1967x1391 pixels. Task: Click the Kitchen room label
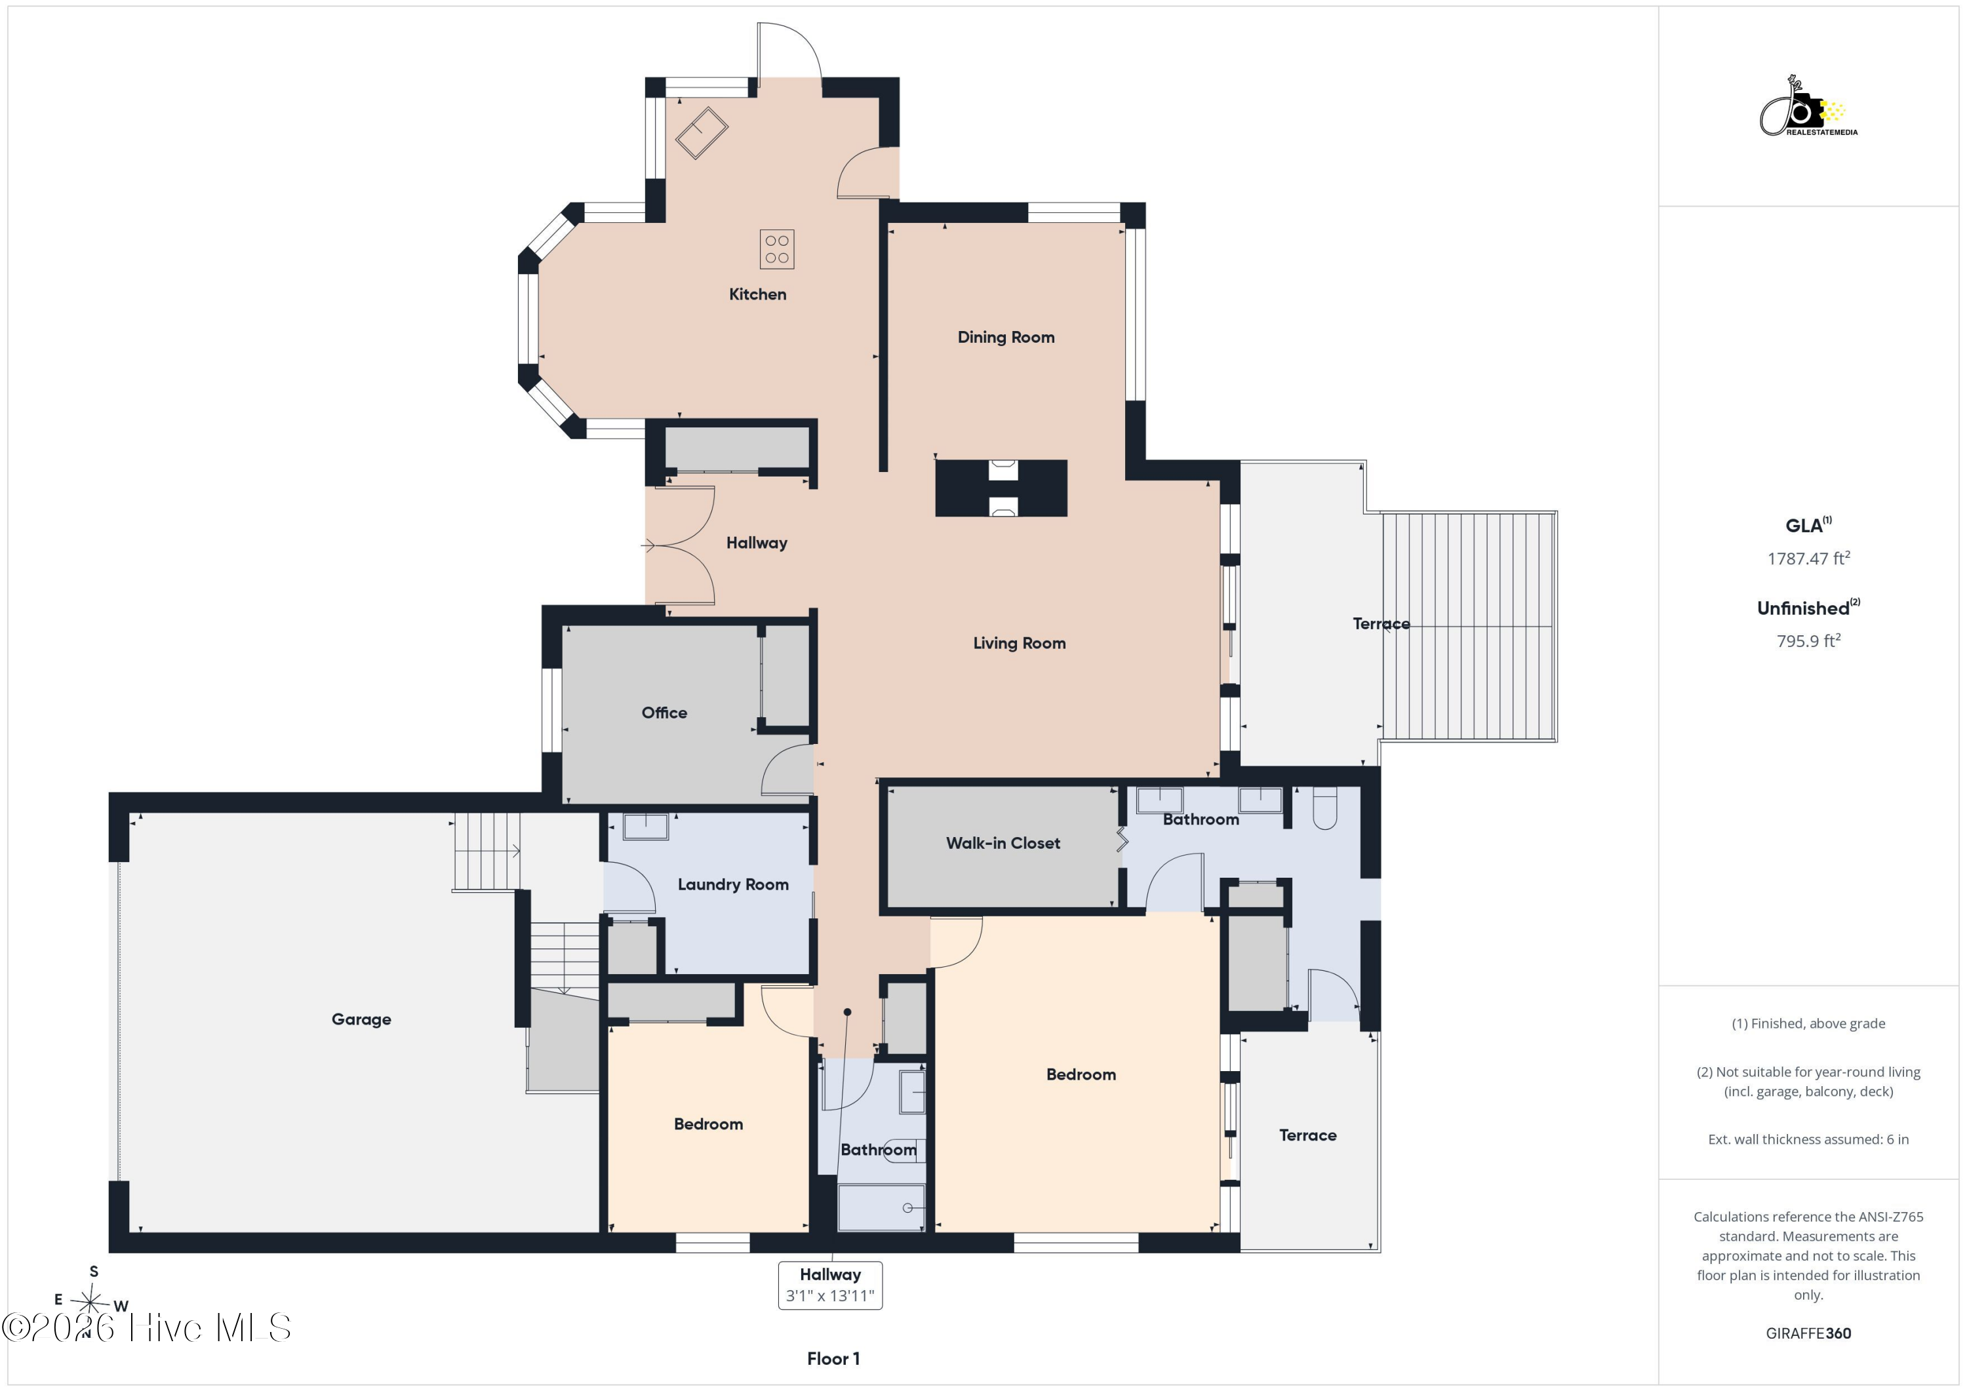757,294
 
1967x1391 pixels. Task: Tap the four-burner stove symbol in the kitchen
777,249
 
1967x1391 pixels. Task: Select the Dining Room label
1006,337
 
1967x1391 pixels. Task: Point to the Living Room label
1020,642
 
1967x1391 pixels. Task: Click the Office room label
664,713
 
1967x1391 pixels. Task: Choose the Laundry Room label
733,885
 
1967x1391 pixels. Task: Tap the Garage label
361,1019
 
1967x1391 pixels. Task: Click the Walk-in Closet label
1003,843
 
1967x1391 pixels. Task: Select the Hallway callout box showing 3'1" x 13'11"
830,1285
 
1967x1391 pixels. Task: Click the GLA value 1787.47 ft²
1808,558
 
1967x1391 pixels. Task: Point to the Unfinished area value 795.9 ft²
1808,640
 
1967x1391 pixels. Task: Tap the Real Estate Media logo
1808,107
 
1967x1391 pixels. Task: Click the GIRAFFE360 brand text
1808,1333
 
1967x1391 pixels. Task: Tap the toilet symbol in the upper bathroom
1324,808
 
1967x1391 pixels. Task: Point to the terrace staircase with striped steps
1469,627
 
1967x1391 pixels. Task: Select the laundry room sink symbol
646,827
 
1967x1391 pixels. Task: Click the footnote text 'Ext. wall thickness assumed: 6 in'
1808,1139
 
